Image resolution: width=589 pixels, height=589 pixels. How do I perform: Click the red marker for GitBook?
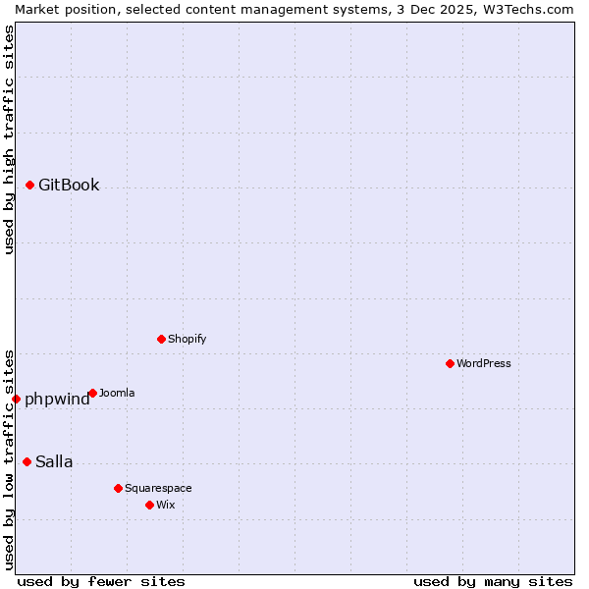click(29, 185)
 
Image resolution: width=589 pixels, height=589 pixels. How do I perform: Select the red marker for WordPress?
click(450, 363)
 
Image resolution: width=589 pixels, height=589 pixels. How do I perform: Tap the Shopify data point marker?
click(161, 339)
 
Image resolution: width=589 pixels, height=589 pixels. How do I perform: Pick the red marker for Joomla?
click(92, 393)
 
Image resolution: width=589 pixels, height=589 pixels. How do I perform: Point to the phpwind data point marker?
click(16, 399)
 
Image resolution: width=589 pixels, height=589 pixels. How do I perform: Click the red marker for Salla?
click(27, 461)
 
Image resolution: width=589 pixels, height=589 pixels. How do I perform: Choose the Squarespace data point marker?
click(118, 488)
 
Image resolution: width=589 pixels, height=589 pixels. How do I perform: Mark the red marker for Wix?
click(149, 505)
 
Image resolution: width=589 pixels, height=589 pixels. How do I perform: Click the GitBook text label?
click(69, 185)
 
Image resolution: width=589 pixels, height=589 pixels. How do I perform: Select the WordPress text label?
click(484, 363)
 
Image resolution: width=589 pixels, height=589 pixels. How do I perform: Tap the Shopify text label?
click(187, 339)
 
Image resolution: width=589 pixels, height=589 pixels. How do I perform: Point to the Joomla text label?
click(117, 393)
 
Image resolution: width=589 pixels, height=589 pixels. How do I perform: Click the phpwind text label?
click(57, 399)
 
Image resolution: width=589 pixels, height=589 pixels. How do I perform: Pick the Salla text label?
click(54, 461)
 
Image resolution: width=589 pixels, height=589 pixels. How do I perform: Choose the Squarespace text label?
click(158, 488)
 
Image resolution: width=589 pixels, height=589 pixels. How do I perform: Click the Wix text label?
click(165, 505)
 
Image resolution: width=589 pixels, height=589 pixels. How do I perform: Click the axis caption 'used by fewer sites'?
click(101, 581)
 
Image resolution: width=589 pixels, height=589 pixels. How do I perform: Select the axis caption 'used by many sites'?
click(493, 581)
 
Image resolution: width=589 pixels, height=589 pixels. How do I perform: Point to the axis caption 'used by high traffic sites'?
click(9, 139)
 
